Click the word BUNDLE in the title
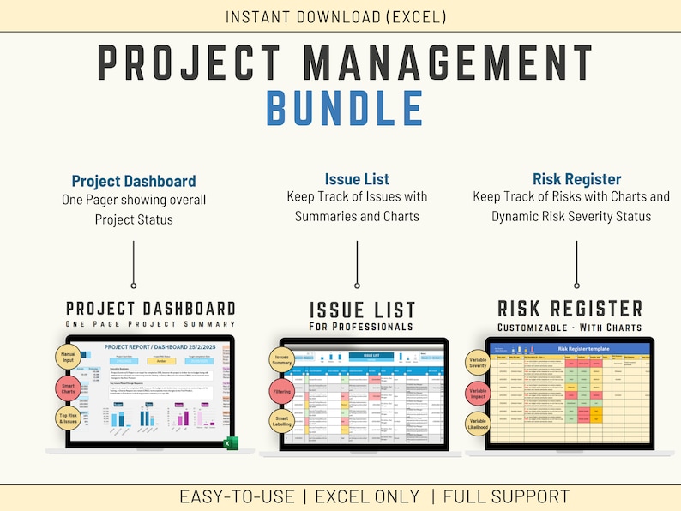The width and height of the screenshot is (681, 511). point(345,108)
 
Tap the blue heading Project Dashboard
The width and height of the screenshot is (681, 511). point(134,181)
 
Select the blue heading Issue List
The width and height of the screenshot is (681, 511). point(357,179)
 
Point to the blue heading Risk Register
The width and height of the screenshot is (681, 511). point(576,179)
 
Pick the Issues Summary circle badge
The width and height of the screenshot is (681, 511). point(284,358)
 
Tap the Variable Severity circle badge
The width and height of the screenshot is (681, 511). point(479,361)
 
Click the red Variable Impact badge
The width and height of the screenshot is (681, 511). point(479,394)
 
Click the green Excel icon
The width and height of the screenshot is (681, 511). point(230,444)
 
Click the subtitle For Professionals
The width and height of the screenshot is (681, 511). point(361,327)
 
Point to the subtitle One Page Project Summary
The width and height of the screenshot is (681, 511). point(150,323)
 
